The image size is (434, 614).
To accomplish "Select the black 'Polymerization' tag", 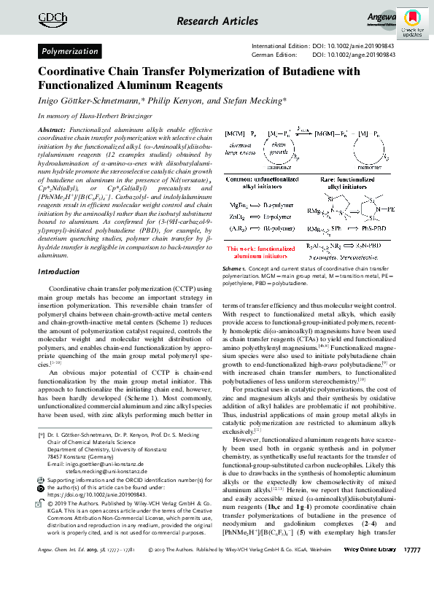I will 69,52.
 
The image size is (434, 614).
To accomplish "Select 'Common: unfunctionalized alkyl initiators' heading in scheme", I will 265,182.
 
